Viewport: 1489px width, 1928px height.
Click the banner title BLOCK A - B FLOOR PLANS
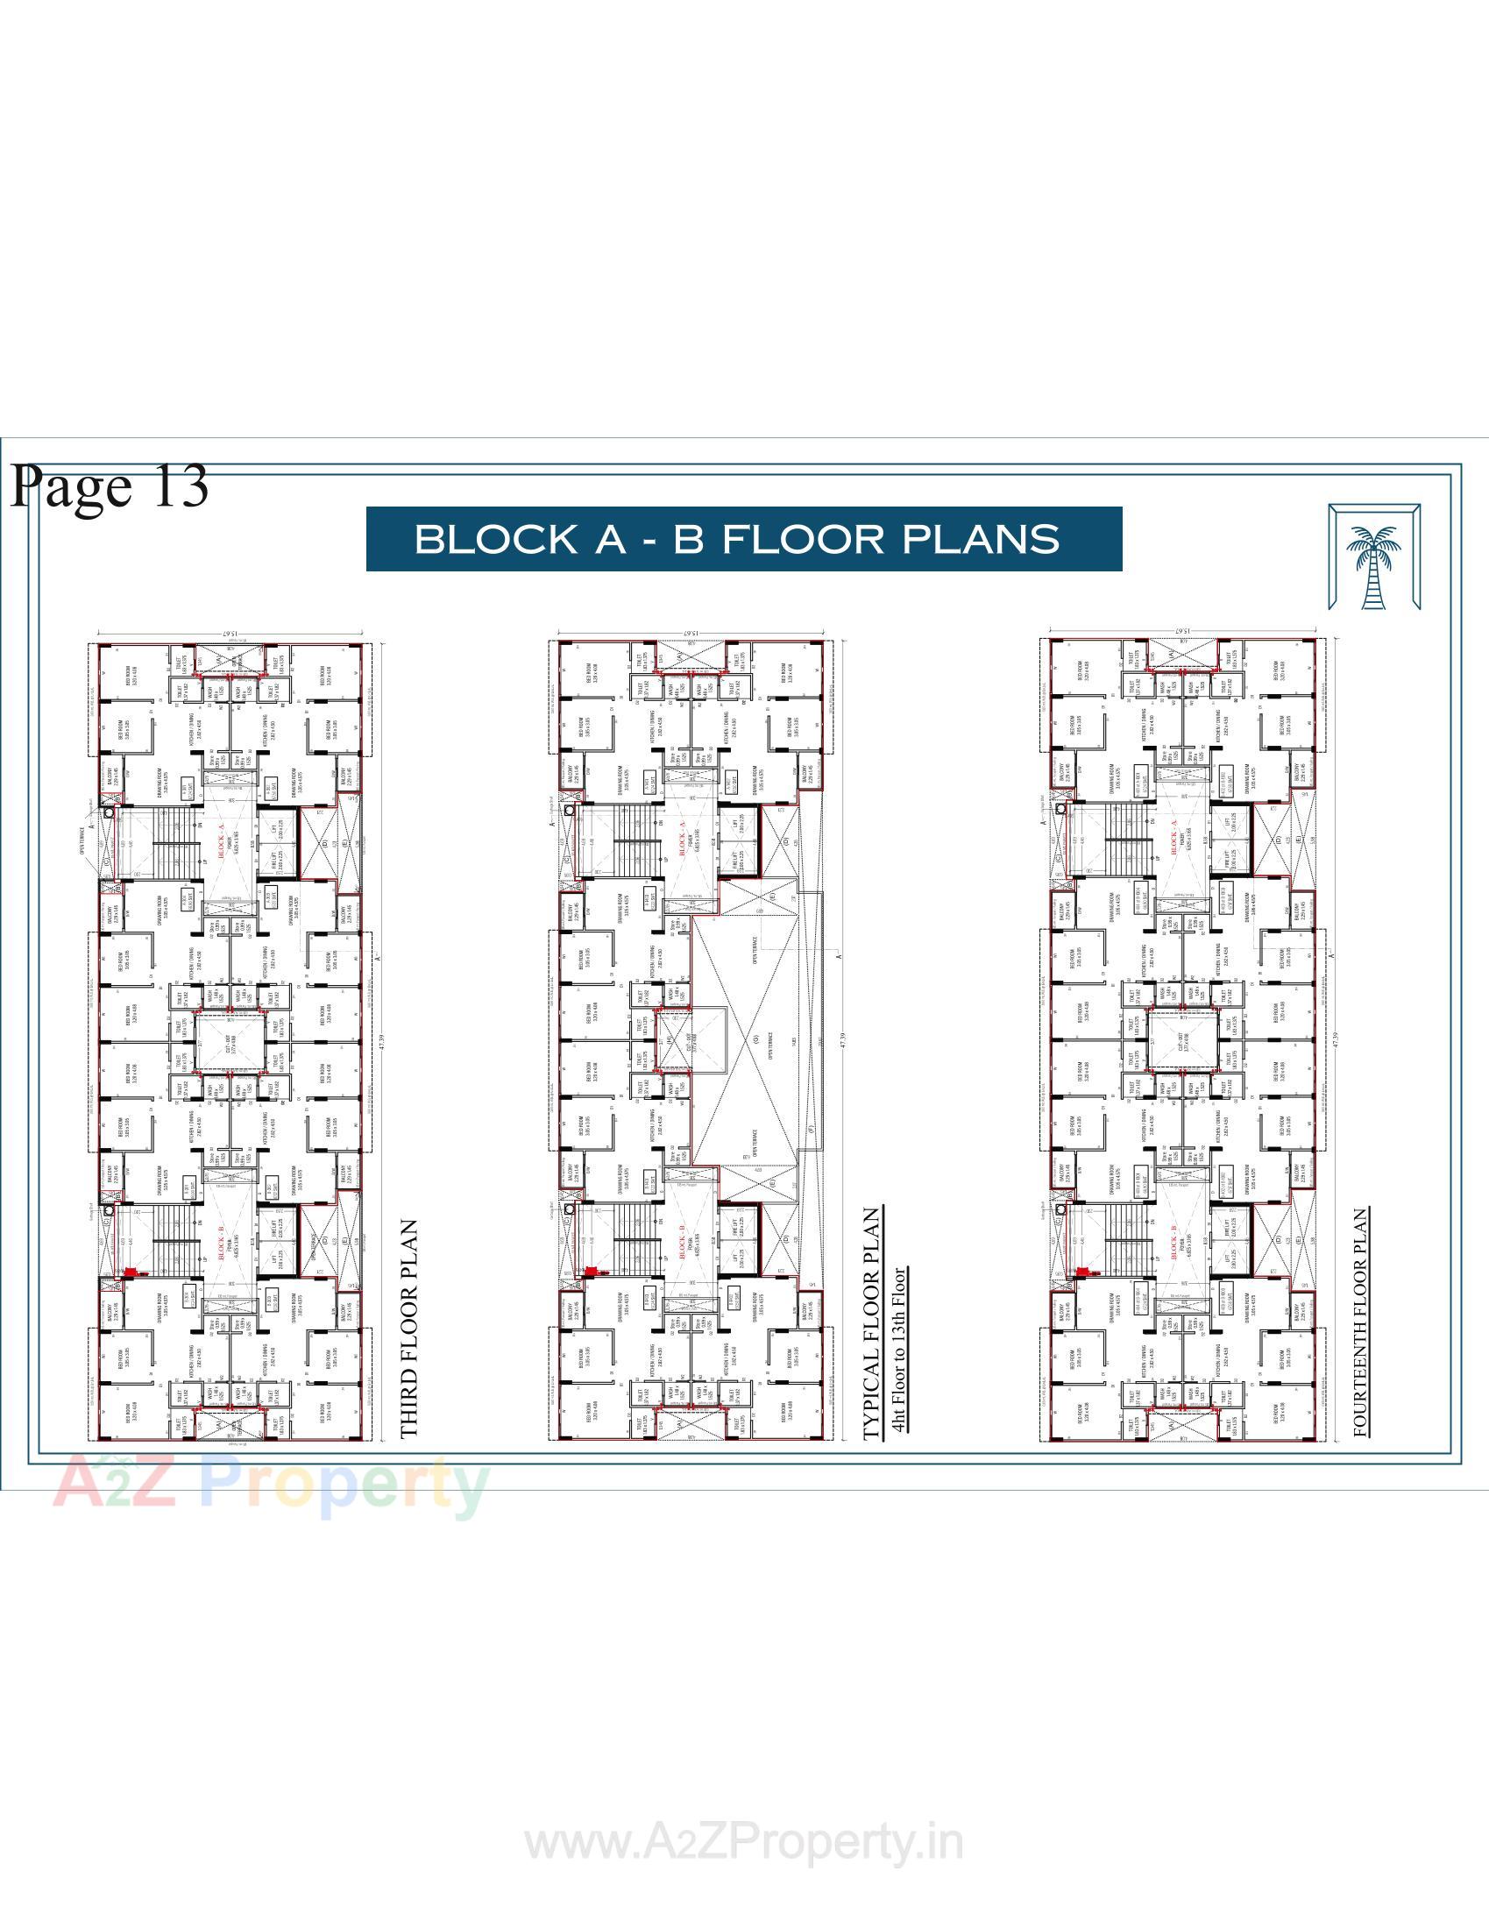coord(744,538)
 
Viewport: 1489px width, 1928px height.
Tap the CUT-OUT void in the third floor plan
coord(230,1043)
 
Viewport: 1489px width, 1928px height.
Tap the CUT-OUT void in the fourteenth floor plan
coord(1181,1043)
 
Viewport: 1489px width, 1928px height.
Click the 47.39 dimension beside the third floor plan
coord(382,1041)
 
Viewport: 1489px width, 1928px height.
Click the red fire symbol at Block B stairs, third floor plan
coord(130,1272)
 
